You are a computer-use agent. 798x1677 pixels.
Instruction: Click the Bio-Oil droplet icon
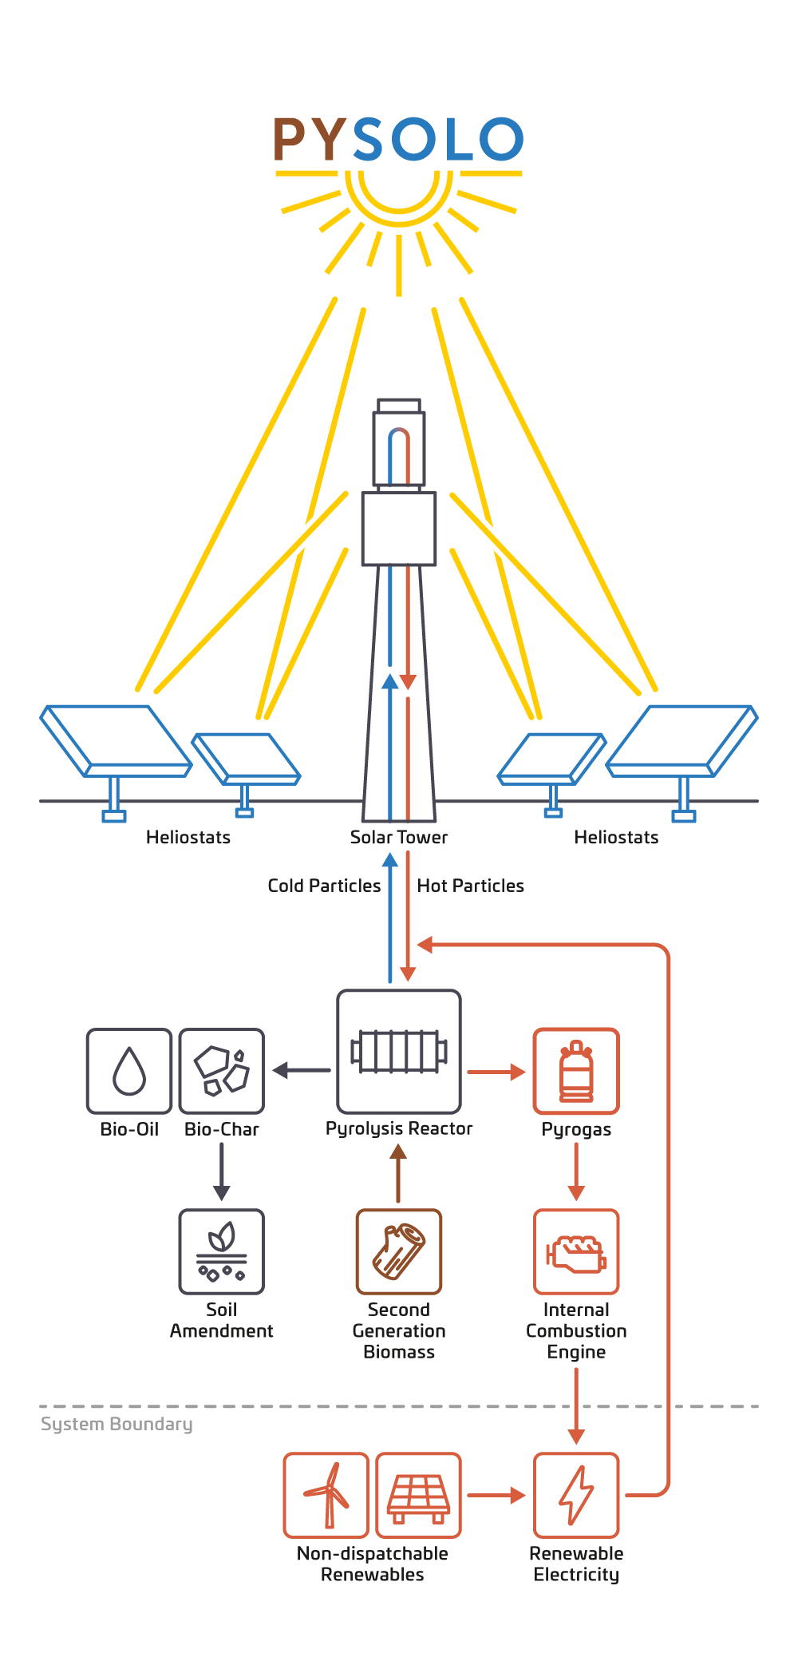coord(129,1071)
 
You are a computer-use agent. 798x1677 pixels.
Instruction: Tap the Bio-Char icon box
coord(222,1071)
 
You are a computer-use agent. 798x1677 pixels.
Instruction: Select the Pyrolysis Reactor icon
coord(399,1052)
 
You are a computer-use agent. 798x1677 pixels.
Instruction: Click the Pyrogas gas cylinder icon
coord(576,1071)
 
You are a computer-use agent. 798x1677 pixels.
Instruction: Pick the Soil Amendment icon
coord(222,1251)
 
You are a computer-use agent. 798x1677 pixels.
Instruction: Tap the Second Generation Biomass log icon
coord(399,1251)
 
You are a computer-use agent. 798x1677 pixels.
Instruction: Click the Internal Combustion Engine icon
coord(576,1251)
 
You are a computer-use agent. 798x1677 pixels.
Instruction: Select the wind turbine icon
coord(326,1495)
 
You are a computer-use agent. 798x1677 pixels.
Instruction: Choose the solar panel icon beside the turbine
coord(418,1495)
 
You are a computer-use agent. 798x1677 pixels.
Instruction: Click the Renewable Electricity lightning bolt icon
coord(576,1495)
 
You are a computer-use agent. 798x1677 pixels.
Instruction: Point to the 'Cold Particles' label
coord(324,886)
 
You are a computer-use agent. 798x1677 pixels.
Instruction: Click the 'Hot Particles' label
coord(470,886)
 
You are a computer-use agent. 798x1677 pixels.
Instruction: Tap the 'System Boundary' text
coord(117,1425)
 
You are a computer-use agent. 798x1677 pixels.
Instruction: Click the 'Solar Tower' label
coord(399,837)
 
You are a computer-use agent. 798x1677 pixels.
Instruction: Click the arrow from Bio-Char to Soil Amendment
coord(222,1172)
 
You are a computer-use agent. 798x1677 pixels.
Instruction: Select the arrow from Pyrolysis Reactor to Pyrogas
coord(496,1072)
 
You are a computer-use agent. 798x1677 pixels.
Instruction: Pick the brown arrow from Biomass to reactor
coord(398,1173)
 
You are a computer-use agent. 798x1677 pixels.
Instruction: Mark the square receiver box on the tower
coord(399,529)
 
